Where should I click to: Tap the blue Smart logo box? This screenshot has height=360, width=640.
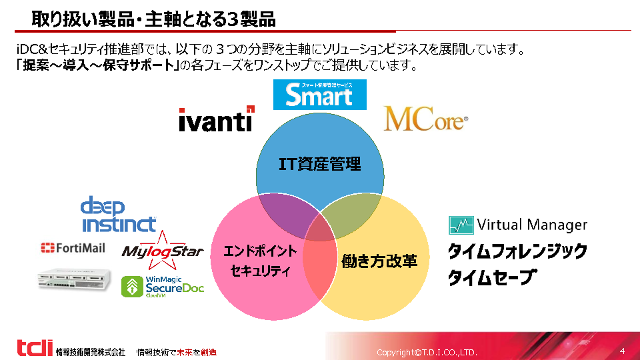320,95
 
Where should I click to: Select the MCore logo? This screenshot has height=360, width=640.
425,119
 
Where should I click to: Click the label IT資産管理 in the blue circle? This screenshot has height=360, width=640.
320,163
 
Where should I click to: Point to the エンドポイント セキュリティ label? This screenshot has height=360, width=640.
260,261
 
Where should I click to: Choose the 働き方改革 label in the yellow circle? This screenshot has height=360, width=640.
379,261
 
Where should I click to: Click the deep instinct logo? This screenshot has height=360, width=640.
118,214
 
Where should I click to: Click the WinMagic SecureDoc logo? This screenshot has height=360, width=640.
163,286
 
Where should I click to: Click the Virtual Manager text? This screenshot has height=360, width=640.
532,225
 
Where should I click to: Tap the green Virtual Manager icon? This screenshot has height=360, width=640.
461,225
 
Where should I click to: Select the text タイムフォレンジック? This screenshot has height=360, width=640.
517,251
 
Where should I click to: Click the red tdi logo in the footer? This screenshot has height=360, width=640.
34,348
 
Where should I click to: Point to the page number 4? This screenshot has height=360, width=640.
622,351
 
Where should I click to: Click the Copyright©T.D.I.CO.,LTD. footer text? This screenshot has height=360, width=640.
427,352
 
